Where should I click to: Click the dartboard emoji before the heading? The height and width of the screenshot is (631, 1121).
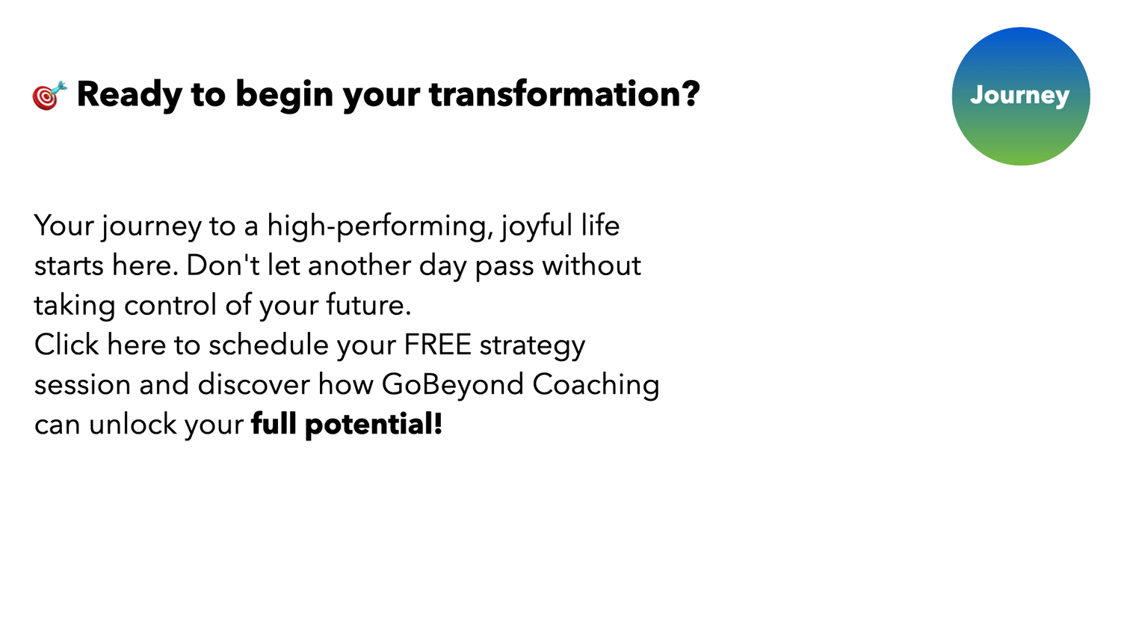click(49, 95)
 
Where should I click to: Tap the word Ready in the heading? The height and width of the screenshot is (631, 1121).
click(129, 95)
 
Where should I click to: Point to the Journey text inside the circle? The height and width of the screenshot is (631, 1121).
click(1020, 96)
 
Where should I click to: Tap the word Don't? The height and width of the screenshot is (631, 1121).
click(223, 265)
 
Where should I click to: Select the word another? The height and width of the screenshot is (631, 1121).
click(359, 265)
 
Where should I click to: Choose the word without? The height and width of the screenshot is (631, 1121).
click(592, 265)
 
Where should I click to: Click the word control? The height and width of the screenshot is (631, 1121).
click(170, 305)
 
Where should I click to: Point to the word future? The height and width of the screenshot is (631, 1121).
click(368, 305)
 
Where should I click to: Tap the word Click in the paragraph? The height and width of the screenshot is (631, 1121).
click(67, 345)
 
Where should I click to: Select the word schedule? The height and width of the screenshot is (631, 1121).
click(268, 345)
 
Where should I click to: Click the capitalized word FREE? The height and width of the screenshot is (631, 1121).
click(437, 345)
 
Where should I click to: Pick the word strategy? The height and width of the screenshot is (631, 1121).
click(532, 346)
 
